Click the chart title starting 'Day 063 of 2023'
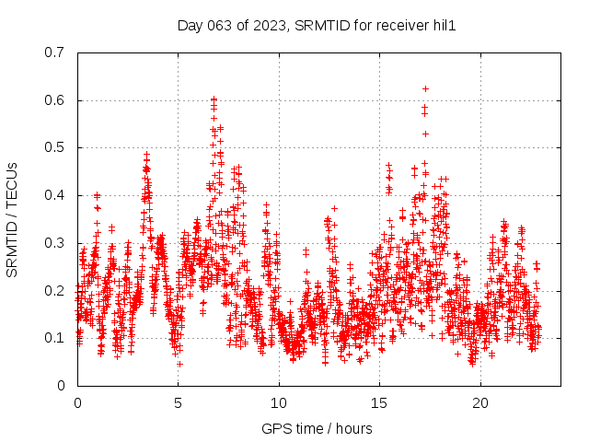[x=317, y=25]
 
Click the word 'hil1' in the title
[x=444, y=25]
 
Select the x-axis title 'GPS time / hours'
[x=317, y=428]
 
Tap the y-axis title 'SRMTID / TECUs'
[x=12, y=219]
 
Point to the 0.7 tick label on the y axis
[x=54, y=52]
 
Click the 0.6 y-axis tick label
[x=54, y=100]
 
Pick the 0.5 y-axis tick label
[x=54, y=147]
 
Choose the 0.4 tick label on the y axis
[x=54, y=195]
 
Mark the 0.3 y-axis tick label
[x=54, y=243]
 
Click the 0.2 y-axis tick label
[x=54, y=291]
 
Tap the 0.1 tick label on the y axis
[x=54, y=338]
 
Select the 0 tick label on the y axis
[x=61, y=386]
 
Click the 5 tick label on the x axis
[x=179, y=403]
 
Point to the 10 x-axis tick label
[x=279, y=403]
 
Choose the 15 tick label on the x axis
[x=380, y=403]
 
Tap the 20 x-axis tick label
[x=480, y=403]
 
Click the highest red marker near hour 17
[x=425, y=89]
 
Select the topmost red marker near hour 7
[x=214, y=99]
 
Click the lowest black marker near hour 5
[x=179, y=364]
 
